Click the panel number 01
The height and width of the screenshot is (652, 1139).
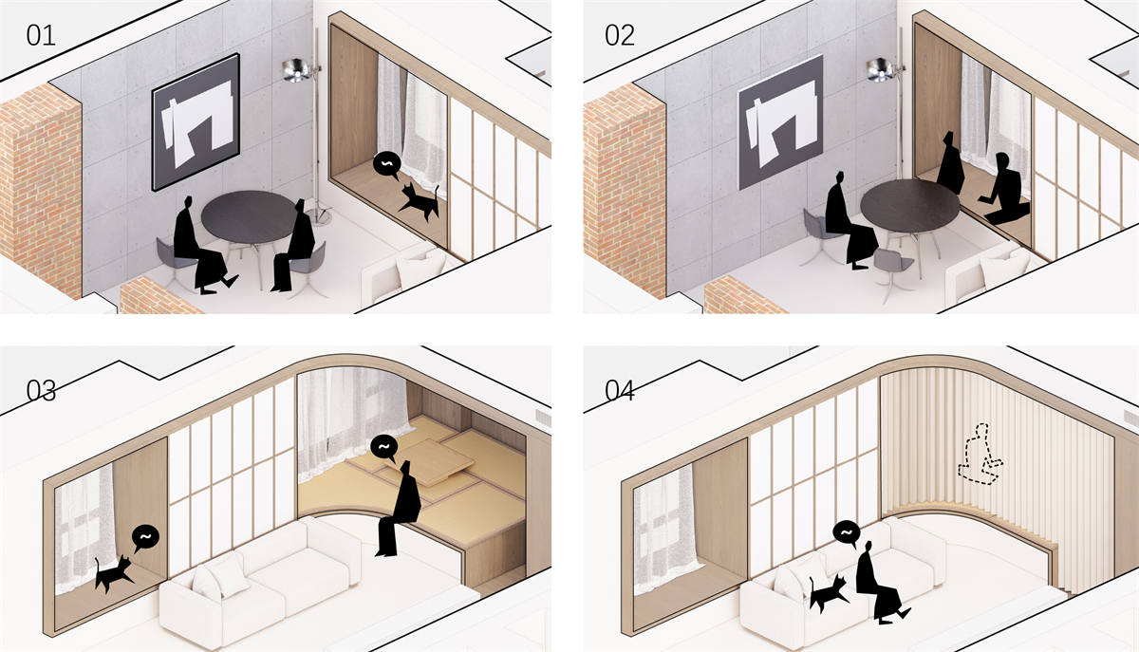41,36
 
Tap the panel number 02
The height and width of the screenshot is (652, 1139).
620,36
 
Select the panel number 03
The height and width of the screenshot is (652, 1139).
41,391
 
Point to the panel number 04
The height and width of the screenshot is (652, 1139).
620,391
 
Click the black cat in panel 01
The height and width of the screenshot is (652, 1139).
420,201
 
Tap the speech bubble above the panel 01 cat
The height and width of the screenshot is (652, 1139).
386,165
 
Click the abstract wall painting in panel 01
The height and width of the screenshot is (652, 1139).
196,122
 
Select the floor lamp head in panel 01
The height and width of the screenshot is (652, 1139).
294,70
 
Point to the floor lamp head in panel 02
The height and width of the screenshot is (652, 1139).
878,70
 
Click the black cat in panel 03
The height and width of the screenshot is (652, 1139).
114,573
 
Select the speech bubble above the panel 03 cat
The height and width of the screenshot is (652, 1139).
145,538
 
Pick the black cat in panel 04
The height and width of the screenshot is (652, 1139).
829,593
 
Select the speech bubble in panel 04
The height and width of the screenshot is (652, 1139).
847,534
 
